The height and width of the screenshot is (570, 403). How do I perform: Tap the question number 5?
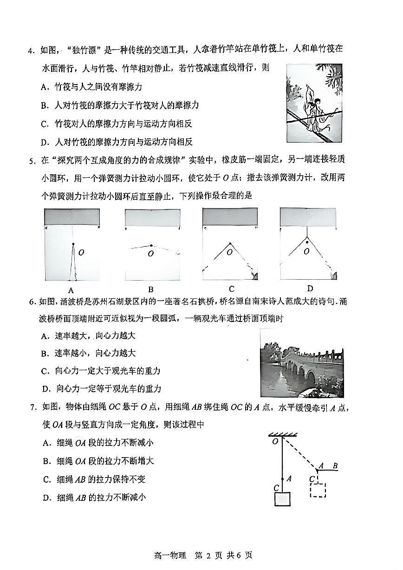point(31,161)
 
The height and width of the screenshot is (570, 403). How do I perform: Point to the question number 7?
point(32,408)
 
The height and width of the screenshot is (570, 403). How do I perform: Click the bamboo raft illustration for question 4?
point(314,104)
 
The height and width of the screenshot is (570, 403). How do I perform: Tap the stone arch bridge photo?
point(302,363)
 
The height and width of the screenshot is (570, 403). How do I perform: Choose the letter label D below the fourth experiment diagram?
point(310,289)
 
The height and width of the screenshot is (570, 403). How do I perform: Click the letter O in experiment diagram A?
point(81,253)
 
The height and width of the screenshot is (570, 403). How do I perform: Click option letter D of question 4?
point(44,142)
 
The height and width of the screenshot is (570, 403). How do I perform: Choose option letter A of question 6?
point(45,336)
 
